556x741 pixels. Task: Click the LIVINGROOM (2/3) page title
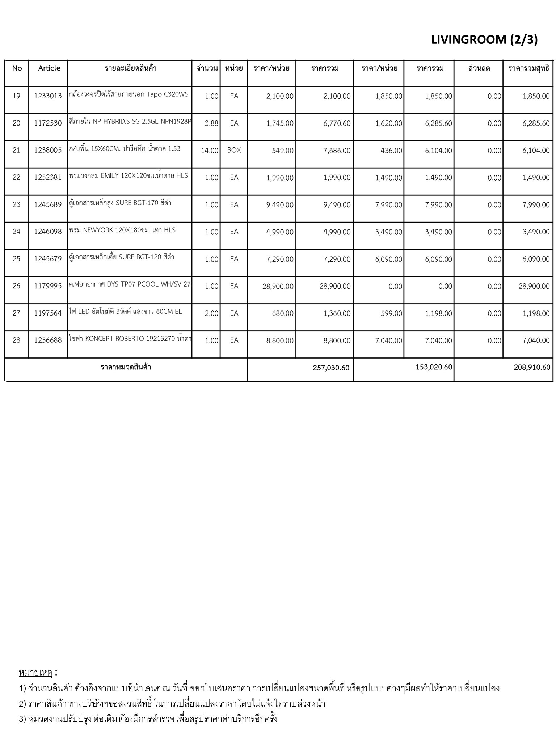click(484, 40)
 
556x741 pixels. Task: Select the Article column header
click(49, 68)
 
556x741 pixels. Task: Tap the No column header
click(17, 68)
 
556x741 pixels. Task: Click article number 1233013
click(48, 96)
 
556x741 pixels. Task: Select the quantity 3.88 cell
click(211, 123)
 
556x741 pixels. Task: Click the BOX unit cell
click(234, 150)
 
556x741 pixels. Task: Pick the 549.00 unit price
click(283, 151)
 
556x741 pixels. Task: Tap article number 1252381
click(48, 177)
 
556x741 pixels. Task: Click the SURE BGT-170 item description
click(120, 203)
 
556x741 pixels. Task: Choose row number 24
click(16, 232)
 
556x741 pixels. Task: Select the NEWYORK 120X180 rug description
click(122, 230)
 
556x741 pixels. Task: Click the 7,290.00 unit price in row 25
click(279, 259)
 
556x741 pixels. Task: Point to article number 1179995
click(48, 286)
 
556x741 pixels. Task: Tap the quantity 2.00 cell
click(211, 313)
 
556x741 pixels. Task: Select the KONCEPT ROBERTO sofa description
click(130, 339)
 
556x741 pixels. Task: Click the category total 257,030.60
click(331, 368)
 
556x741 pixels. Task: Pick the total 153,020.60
click(434, 367)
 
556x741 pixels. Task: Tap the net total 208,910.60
click(532, 368)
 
